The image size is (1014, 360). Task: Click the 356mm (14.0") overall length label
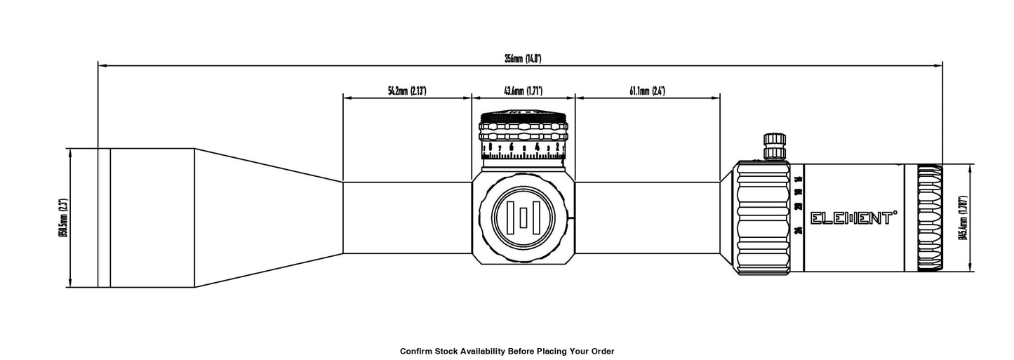tap(522, 59)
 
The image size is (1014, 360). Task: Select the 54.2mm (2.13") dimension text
tap(407, 91)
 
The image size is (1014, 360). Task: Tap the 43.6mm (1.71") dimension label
tap(523, 91)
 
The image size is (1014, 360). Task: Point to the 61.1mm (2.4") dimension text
tap(647, 91)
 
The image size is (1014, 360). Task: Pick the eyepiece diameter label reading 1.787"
tap(963, 218)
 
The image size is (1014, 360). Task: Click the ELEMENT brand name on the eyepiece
tap(854, 218)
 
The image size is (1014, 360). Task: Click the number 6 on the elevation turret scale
tap(512, 147)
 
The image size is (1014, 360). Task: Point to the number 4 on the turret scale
tap(538, 147)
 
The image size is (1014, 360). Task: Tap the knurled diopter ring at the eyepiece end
tap(930, 218)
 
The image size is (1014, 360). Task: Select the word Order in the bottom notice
tap(601, 350)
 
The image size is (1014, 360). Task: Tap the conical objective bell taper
tap(267, 218)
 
